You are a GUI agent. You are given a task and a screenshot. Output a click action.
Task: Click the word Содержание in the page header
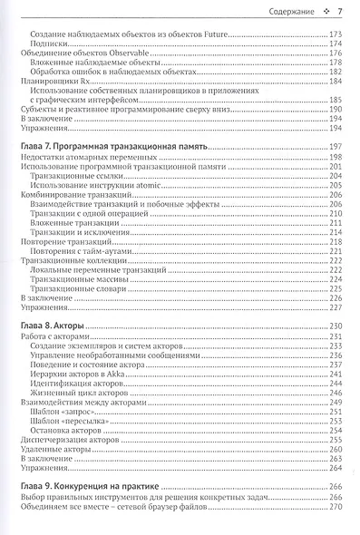284,13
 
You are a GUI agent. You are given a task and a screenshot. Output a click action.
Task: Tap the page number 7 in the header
337,13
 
